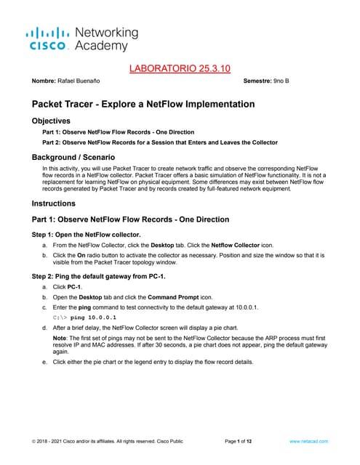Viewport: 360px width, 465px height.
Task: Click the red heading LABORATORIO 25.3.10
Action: click(179, 68)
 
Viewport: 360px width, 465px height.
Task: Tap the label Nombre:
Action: click(37, 81)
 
